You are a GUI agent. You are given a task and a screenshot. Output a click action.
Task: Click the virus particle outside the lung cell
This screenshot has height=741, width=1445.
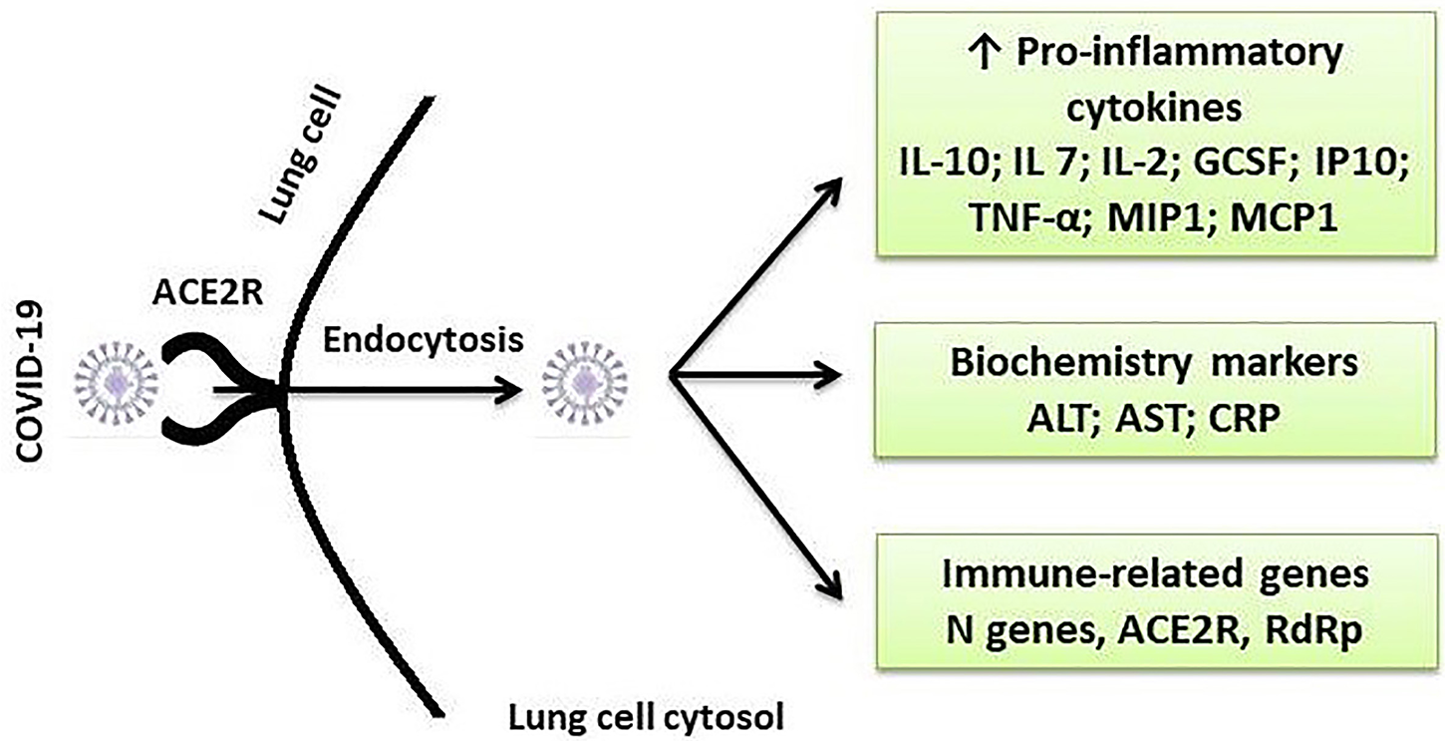(x=118, y=390)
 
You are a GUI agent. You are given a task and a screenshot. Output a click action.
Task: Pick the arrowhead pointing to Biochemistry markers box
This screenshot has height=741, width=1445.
(x=835, y=376)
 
